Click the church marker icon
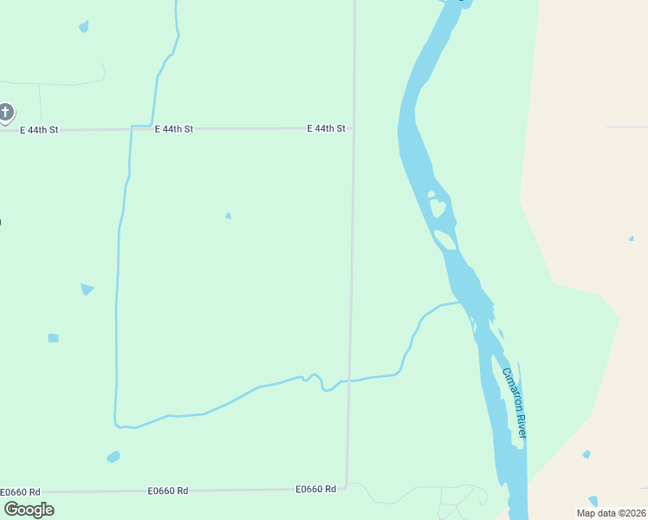(x=6, y=112)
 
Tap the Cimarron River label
(x=514, y=401)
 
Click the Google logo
(x=29, y=509)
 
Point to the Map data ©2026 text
(x=611, y=513)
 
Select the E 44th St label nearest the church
(x=39, y=130)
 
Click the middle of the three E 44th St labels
(x=173, y=129)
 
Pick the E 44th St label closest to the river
(x=326, y=128)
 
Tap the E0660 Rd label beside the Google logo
(x=21, y=491)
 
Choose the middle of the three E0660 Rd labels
(x=168, y=491)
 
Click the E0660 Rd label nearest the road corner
(x=315, y=489)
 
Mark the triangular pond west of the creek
(x=87, y=289)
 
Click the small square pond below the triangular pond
(x=53, y=337)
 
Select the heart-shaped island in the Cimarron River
(x=437, y=207)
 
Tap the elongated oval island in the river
(x=444, y=239)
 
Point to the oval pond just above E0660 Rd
(x=113, y=457)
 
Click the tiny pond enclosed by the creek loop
(x=228, y=216)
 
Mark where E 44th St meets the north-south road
(x=353, y=128)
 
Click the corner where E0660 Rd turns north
(x=347, y=486)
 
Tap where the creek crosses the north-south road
(x=349, y=380)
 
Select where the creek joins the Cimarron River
(x=460, y=302)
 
